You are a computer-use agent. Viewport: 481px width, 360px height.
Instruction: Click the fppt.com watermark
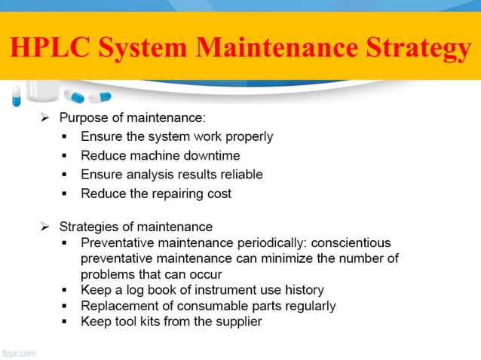[19, 351]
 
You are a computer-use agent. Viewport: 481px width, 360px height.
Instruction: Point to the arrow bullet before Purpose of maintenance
[45, 117]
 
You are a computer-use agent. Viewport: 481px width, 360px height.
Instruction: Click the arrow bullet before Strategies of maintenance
[45, 227]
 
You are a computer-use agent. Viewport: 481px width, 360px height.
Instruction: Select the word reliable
[237, 175]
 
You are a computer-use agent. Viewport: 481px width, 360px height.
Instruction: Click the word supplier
[237, 322]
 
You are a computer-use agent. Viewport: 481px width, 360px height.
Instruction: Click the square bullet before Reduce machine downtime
[66, 156]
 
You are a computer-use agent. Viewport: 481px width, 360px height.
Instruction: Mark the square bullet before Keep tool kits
[66, 322]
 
